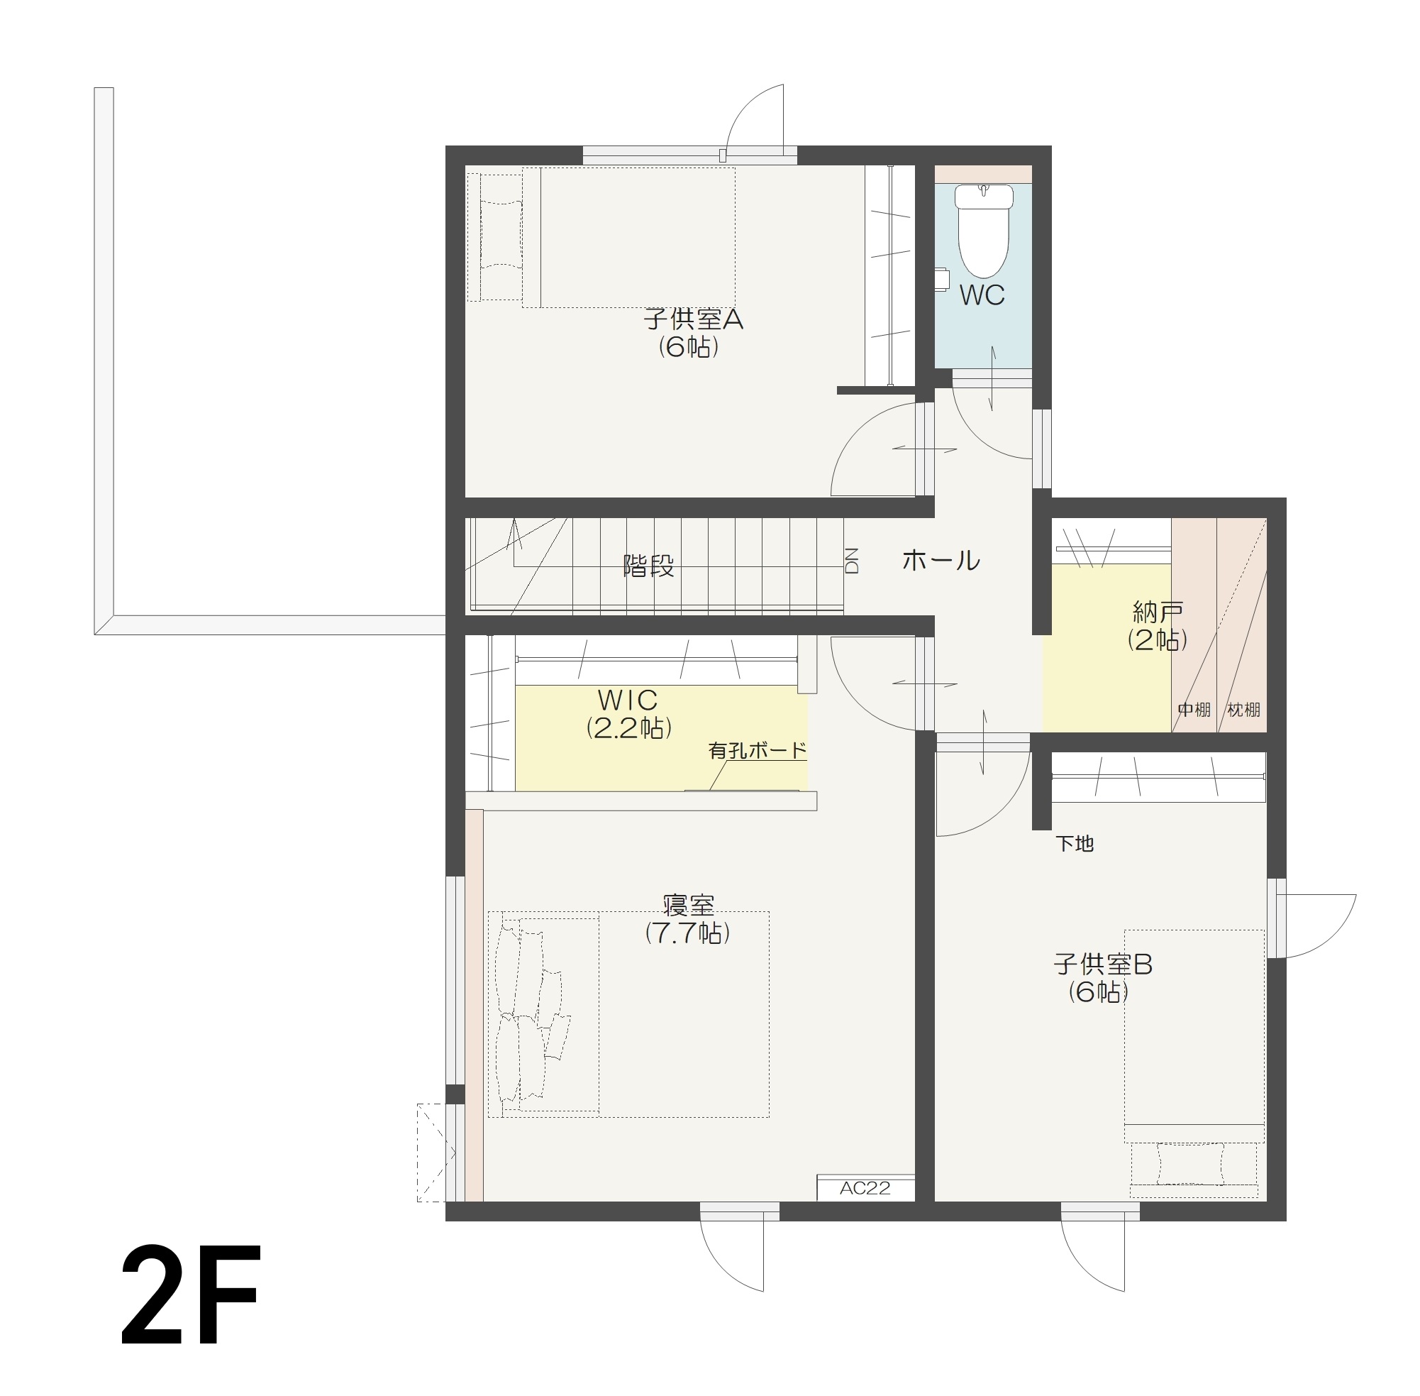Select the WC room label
coord(981,295)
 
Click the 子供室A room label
coord(692,319)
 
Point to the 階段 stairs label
coord(648,566)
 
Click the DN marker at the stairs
coord(851,560)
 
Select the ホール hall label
coord(940,560)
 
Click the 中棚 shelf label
coord(1194,710)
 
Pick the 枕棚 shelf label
coord(1243,710)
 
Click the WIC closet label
coord(627,700)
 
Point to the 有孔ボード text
coord(757,750)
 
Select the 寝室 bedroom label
coord(688,906)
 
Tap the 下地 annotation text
coord(1074,844)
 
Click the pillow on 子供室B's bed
coord(1191,1165)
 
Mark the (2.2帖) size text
coord(628,727)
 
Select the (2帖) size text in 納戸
coord(1157,640)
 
